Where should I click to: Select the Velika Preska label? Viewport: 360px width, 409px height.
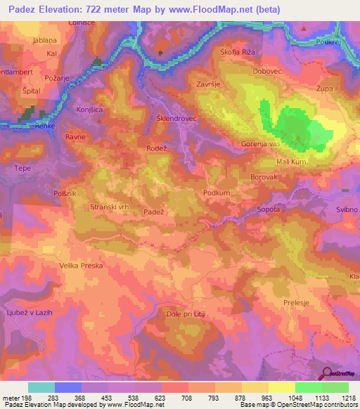(82, 266)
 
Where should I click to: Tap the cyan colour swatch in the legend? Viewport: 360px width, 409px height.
(41, 387)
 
